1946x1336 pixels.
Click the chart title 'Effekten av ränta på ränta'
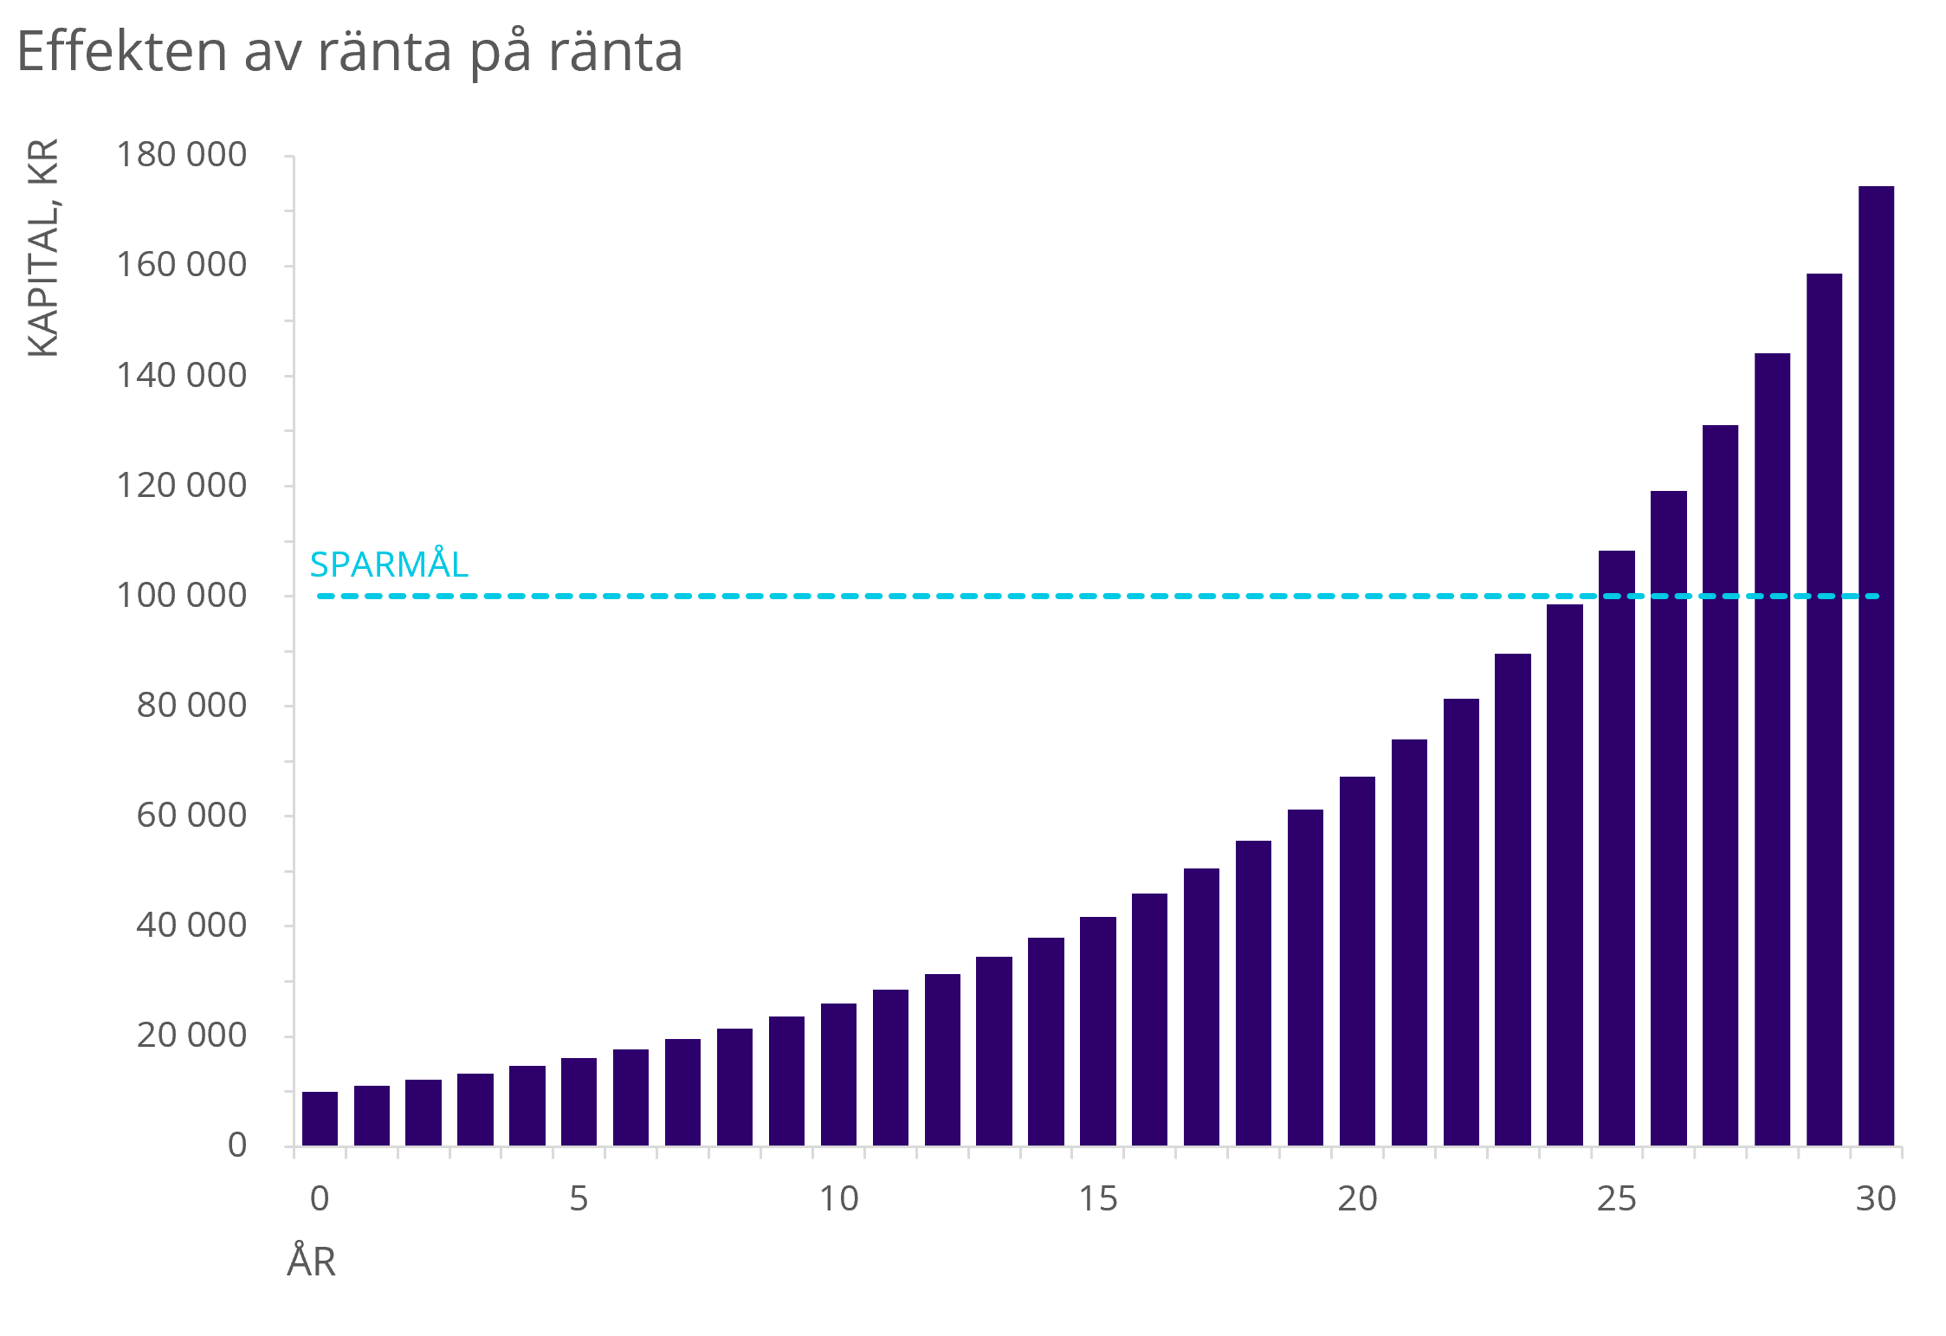[349, 52]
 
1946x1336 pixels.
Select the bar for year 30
[1876, 667]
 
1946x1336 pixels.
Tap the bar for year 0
[320, 1119]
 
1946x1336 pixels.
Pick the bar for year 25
[1616, 849]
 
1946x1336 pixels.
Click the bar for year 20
[1357, 961]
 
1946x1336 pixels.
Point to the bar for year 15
[1097, 1030]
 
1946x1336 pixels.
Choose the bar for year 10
[838, 1074]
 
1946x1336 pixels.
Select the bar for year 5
[579, 1101]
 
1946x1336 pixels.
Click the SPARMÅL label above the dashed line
[389, 565]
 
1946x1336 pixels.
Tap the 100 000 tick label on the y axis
[182, 596]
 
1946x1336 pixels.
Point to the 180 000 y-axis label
[182, 155]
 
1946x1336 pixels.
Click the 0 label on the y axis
[237, 1146]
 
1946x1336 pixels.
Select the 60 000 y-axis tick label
[191, 816]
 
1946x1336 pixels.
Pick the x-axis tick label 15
[1097, 1199]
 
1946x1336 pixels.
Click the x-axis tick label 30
[1876, 1199]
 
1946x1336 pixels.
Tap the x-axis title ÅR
[311, 1262]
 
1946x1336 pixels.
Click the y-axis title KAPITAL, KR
[43, 248]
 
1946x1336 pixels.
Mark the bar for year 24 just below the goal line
[1564, 875]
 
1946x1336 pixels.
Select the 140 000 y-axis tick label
[182, 376]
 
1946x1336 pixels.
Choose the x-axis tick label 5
[579, 1199]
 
